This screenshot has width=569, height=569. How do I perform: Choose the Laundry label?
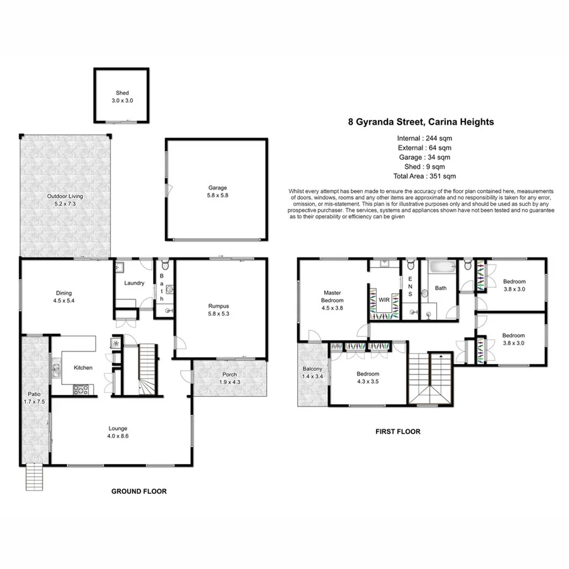pos(135,283)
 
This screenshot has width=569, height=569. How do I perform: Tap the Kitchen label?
pos(83,367)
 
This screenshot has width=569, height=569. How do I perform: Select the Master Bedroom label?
pos(333,297)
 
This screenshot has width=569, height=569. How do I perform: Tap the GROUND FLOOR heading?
pos(139,491)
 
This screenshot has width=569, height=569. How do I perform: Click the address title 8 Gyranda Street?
pos(420,123)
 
